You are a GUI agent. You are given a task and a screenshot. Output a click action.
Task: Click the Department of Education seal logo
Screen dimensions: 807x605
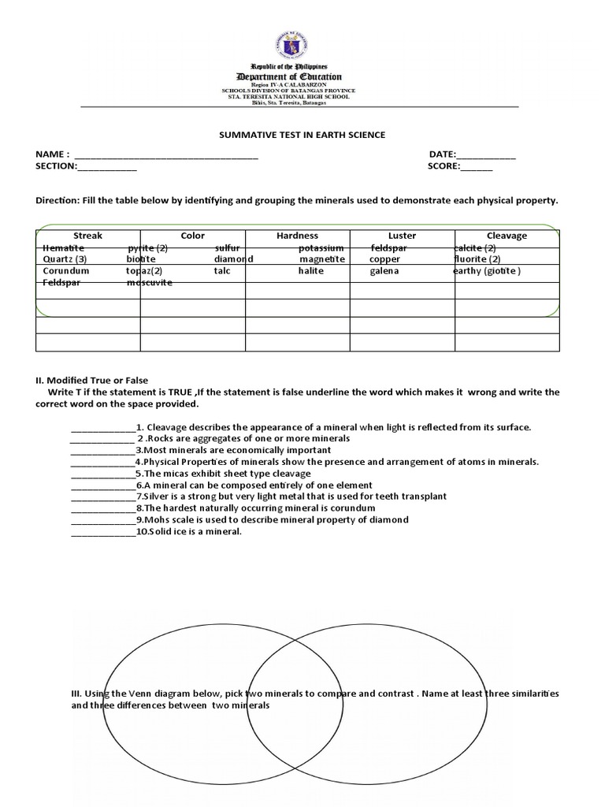[x=302, y=39]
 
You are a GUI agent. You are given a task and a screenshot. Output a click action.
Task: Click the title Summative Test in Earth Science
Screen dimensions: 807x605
[x=302, y=135]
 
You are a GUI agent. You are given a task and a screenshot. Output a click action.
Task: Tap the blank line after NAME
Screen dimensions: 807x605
[x=165, y=154]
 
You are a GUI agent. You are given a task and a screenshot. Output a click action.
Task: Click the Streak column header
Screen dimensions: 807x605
[x=87, y=236]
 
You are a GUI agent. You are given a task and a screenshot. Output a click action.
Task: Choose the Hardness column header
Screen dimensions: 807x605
[x=297, y=236]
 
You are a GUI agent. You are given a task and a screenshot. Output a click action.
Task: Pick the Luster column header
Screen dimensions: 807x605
[x=402, y=236]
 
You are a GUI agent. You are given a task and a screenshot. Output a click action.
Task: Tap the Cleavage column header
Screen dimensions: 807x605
[x=507, y=236]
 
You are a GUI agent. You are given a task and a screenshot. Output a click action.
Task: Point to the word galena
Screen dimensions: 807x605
[x=384, y=271]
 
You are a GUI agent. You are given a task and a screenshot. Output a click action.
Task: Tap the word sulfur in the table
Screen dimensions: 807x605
[x=228, y=247]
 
